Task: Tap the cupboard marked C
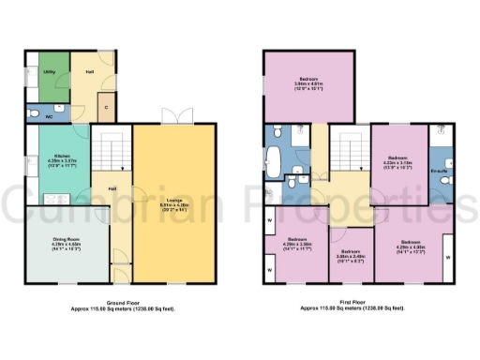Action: pyautogui.click(x=107, y=106)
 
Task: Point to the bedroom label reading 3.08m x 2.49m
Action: pyautogui.click(x=352, y=254)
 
